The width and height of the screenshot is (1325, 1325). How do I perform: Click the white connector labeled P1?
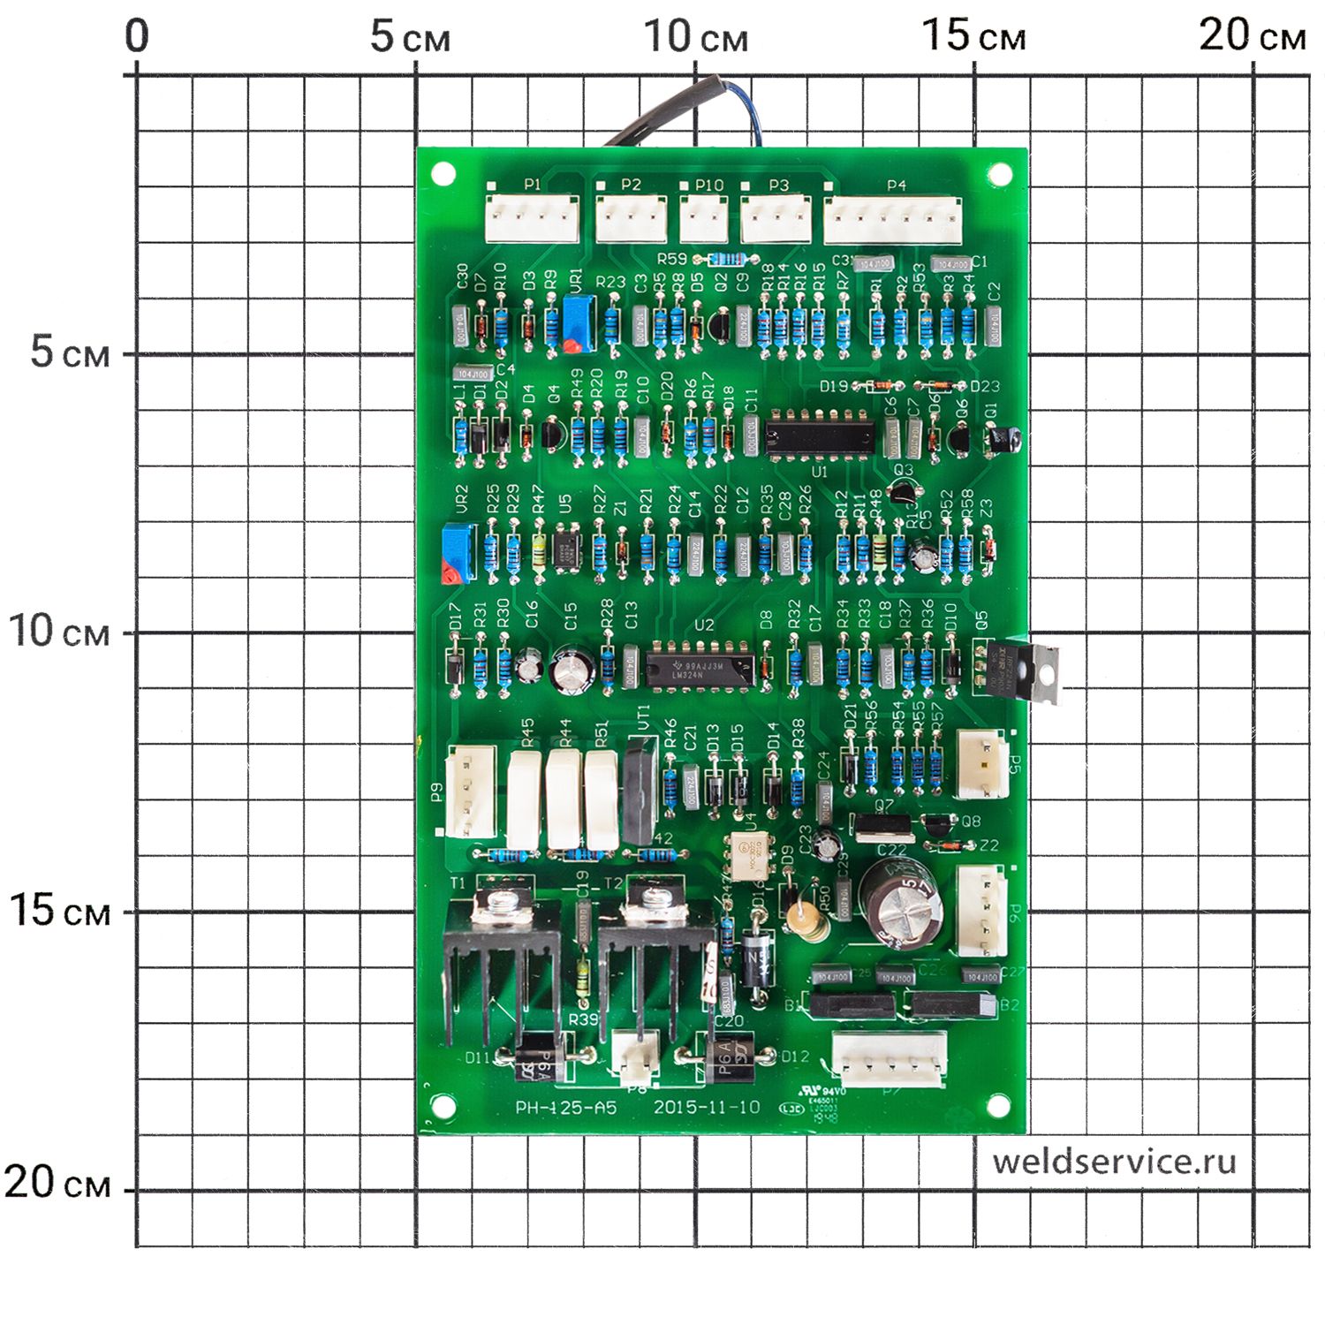click(x=532, y=219)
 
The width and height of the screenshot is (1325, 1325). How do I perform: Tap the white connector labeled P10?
click(x=704, y=218)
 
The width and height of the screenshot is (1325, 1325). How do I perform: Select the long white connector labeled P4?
click(x=892, y=220)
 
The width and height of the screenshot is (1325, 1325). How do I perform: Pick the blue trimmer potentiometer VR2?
click(x=457, y=551)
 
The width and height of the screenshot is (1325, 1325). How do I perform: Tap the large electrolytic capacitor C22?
click(x=900, y=901)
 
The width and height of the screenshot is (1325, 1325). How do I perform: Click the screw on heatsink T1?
click(x=503, y=902)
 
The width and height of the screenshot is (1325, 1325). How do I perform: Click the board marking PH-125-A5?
click(x=566, y=1108)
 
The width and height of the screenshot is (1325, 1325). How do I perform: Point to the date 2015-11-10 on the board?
click(x=707, y=1107)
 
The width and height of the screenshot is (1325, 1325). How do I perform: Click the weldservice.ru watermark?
click(x=1114, y=1162)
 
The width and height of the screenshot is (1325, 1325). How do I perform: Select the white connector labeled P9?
click(x=470, y=791)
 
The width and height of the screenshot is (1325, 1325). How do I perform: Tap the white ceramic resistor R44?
click(x=564, y=799)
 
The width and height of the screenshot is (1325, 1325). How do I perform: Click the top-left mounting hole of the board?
click(x=442, y=174)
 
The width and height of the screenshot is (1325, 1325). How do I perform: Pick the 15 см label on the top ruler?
click(x=973, y=37)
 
